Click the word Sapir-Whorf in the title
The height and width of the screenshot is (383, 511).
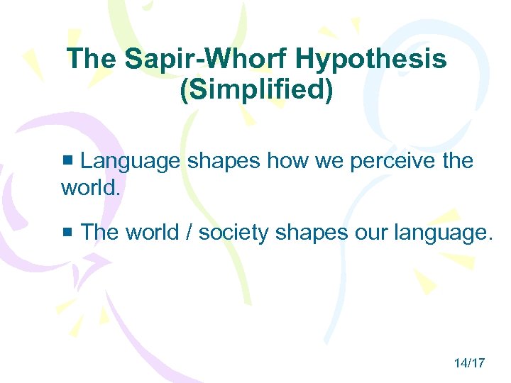click(x=207, y=58)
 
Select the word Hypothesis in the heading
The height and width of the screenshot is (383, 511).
click(x=370, y=58)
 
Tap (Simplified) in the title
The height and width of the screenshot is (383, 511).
click(x=256, y=91)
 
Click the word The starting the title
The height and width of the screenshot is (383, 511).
click(x=94, y=58)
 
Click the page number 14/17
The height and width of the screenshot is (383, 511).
click(x=469, y=363)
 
